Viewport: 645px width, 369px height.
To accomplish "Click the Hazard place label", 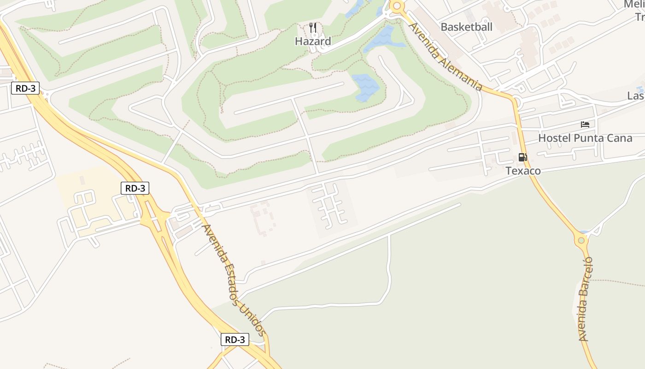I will tap(313, 42).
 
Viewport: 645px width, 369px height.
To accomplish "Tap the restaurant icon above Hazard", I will tap(313, 27).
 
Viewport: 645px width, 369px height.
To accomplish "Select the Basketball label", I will tap(466, 27).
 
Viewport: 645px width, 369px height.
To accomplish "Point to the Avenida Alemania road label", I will tap(446, 57).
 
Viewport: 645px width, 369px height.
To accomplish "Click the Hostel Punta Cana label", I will tap(585, 138).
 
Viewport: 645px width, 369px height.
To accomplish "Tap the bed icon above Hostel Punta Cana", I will tap(585, 125).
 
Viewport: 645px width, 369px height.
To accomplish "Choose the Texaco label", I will tap(523, 171).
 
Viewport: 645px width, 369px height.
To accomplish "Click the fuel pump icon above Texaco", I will tap(522, 157).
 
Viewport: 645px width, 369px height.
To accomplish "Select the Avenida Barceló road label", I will tap(584, 299).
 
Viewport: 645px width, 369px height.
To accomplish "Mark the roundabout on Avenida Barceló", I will tap(581, 240).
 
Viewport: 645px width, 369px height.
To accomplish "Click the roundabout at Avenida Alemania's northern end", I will tap(396, 6).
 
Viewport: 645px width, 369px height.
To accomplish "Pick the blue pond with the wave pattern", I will tap(366, 87).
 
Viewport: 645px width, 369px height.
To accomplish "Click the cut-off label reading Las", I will tap(636, 96).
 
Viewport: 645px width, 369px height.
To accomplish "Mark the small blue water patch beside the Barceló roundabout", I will tap(584, 232).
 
